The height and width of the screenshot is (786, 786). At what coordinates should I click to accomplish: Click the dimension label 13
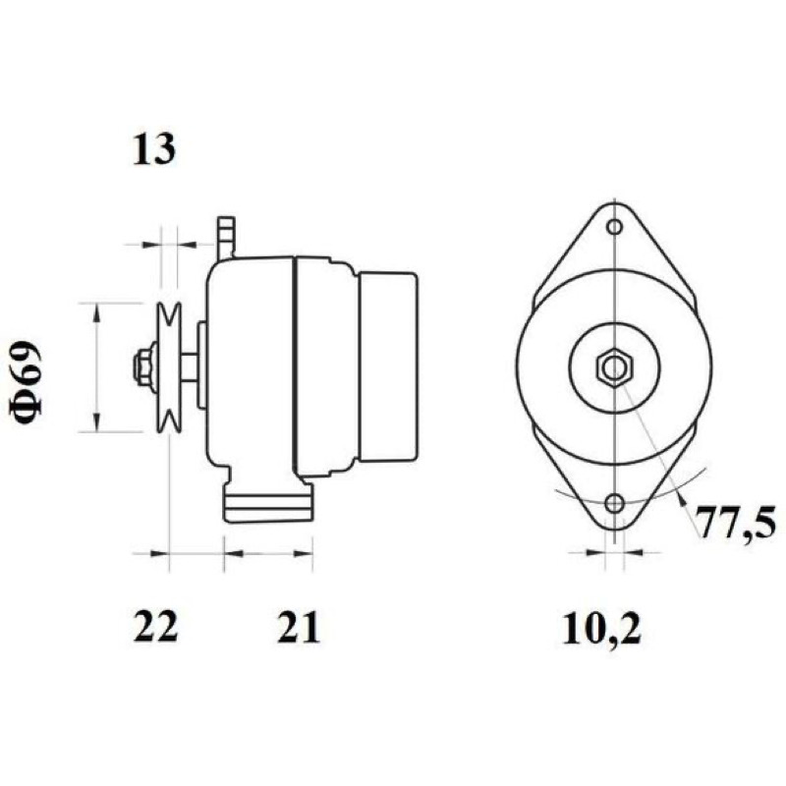[154, 150]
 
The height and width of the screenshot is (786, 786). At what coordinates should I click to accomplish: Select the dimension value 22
[155, 627]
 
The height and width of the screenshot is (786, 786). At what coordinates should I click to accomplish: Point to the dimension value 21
[299, 627]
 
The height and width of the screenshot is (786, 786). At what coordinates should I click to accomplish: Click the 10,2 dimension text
[601, 629]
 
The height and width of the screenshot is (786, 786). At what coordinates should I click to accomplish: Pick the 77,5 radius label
[736, 523]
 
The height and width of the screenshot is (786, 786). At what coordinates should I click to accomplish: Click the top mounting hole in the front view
[614, 227]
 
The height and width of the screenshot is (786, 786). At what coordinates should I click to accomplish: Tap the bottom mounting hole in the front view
[614, 503]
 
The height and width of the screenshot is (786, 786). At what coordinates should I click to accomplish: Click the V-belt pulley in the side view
[168, 367]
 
